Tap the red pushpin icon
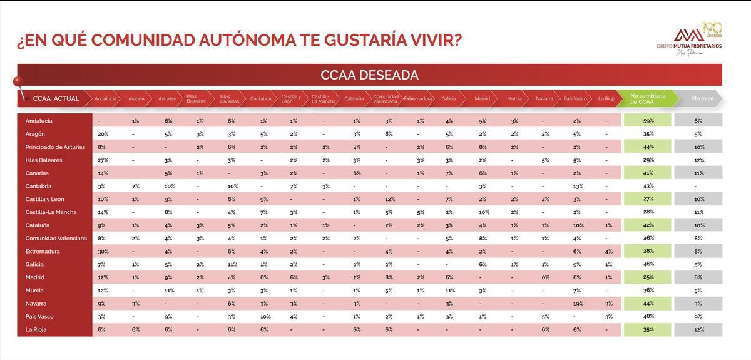[18, 83]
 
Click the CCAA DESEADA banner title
[369, 75]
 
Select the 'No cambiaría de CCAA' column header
[647, 98]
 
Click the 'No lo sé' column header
[698, 98]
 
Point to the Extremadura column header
[418, 99]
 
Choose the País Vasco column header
[575, 99]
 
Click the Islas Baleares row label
[44, 160]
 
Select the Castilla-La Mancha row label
[51, 212]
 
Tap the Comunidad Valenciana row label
[56, 239]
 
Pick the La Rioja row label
[36, 329]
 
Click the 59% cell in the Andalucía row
[648, 121]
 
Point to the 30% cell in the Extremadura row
[103, 251]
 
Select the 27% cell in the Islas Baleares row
[103, 160]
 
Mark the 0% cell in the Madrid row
[544, 277]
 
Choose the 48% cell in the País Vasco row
[648, 316]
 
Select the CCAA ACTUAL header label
[56, 99]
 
